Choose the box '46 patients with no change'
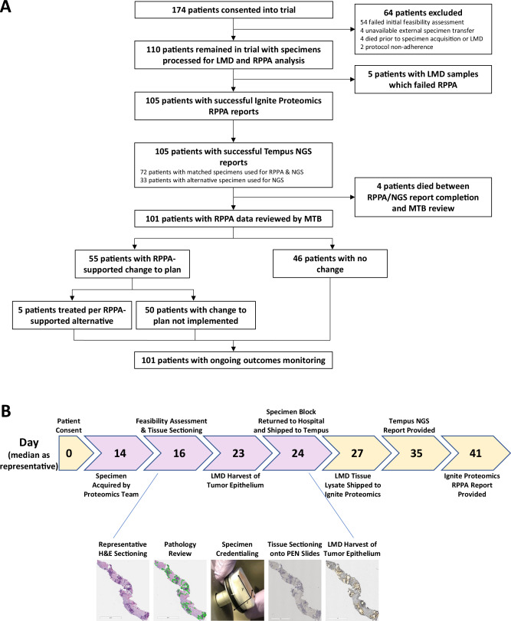[330, 266]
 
